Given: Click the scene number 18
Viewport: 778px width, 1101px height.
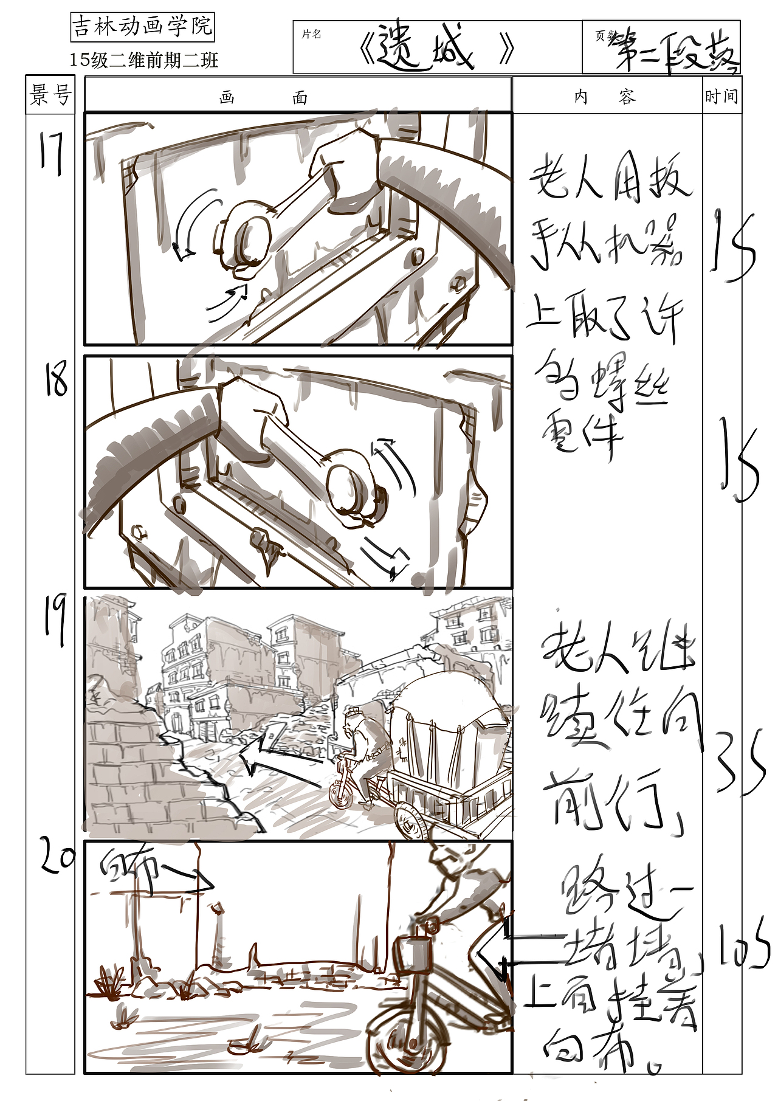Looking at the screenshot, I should [x=56, y=378].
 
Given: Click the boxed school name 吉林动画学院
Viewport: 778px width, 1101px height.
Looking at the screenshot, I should [x=142, y=27].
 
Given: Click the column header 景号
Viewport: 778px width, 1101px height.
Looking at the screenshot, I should [x=50, y=95].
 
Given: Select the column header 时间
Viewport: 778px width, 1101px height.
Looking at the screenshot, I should [x=721, y=96].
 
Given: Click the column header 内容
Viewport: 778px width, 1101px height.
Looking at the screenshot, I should [x=605, y=97].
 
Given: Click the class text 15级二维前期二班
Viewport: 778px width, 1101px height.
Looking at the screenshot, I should [x=143, y=60].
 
